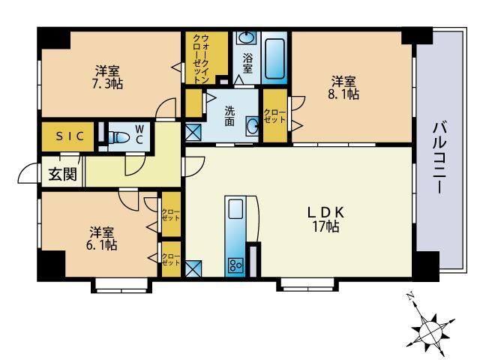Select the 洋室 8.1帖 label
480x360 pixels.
click(344, 87)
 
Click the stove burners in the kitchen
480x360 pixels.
click(235, 265)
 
